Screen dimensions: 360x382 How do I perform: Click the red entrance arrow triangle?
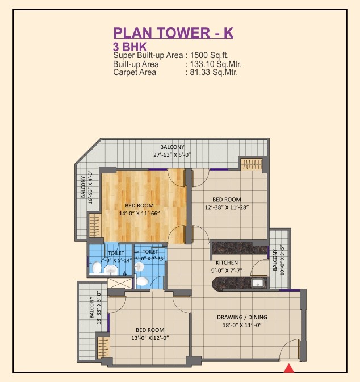click(x=289, y=368)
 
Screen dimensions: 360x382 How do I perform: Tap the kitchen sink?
click(x=257, y=283)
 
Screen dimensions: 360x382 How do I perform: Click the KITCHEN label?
click(x=227, y=263)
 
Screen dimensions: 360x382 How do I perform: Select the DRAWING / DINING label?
click(x=242, y=317)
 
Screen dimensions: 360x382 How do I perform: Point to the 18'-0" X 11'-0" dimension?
click(x=242, y=325)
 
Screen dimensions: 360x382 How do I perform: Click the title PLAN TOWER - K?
click(x=173, y=32)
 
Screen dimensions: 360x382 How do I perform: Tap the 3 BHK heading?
click(x=130, y=47)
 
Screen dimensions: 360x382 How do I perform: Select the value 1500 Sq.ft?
click(x=210, y=55)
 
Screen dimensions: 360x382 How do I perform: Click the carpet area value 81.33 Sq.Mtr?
click(x=214, y=72)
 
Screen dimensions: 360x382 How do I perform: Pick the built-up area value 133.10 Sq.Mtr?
click(x=216, y=64)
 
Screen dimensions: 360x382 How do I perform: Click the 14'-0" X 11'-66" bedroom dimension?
click(x=139, y=213)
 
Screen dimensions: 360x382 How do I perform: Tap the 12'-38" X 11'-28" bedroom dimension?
click(x=227, y=207)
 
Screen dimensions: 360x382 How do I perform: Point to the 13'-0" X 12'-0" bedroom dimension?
click(x=150, y=338)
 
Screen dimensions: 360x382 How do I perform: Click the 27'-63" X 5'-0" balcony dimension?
click(x=172, y=155)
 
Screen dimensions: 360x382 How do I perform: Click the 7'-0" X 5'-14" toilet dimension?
click(x=116, y=260)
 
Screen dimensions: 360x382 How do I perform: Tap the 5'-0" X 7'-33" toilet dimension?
click(x=150, y=259)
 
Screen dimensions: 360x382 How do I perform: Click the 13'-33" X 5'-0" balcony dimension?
click(x=99, y=307)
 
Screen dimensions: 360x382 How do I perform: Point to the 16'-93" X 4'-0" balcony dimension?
click(x=90, y=187)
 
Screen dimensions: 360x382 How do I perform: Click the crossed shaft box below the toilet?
click(x=119, y=283)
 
